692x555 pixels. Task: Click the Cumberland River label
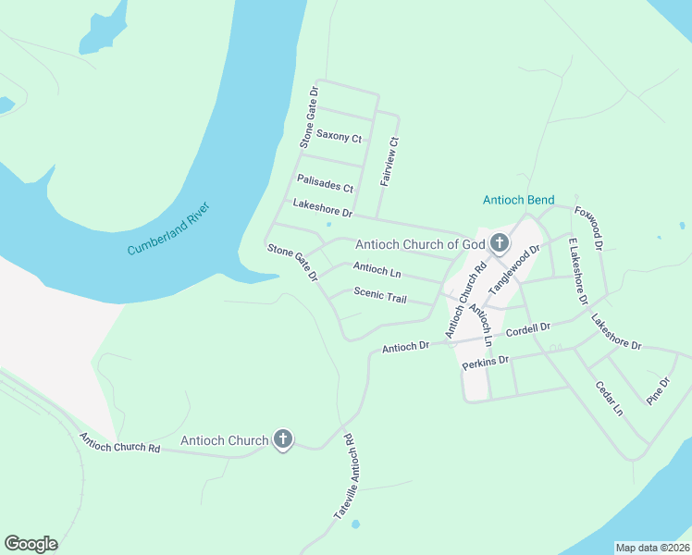[x=168, y=228]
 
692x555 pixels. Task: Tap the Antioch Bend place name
[x=518, y=201]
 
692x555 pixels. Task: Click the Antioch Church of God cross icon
[x=500, y=244]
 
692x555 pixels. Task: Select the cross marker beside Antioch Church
[x=283, y=440]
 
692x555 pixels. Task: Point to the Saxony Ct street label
[x=339, y=137]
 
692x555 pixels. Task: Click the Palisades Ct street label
[x=326, y=182]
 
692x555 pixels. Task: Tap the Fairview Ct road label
[x=390, y=163]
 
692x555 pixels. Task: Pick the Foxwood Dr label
[x=588, y=228]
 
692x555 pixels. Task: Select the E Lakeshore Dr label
[x=578, y=271]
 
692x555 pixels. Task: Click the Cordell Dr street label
[x=527, y=330]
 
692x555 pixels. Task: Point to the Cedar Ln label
[x=610, y=398]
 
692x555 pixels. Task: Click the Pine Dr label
[x=658, y=390]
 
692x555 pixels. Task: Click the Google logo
[x=31, y=544]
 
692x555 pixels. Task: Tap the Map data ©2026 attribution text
[x=652, y=548]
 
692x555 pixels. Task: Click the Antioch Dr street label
[x=406, y=347]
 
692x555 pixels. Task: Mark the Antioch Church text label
[x=225, y=440]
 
